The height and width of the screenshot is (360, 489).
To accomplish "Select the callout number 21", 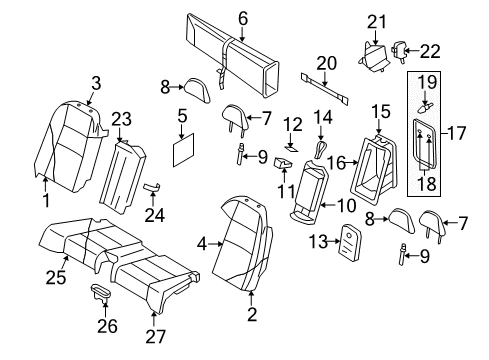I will pyautogui.click(x=376, y=21).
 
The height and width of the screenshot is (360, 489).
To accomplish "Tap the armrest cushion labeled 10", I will pyautogui.click(x=313, y=195).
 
